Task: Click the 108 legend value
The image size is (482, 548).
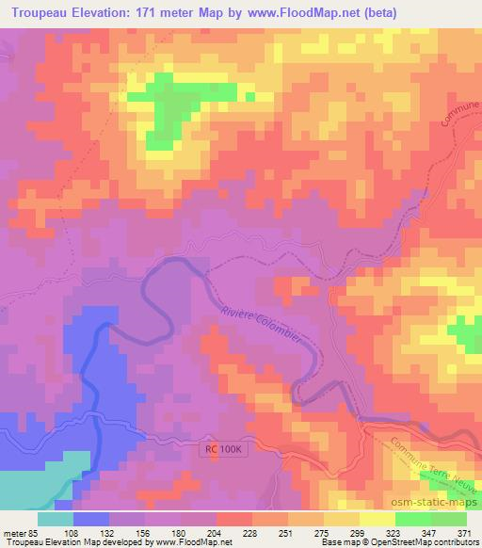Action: (x=72, y=532)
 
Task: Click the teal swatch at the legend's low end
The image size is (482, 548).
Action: (x=56, y=518)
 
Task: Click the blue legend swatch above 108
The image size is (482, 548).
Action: (x=90, y=518)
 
